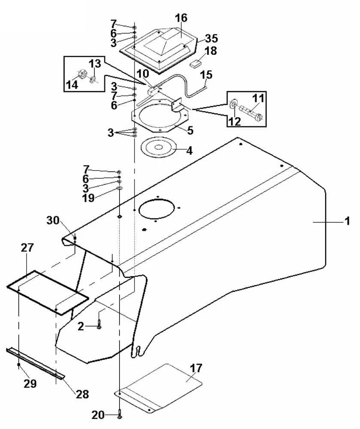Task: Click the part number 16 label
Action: tap(181, 18)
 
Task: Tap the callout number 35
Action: tap(211, 39)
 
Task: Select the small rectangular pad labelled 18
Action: tap(195, 64)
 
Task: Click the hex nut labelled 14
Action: tap(81, 74)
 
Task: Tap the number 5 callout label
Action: tap(190, 130)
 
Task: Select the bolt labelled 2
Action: tap(99, 322)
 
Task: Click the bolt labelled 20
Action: tap(120, 414)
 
